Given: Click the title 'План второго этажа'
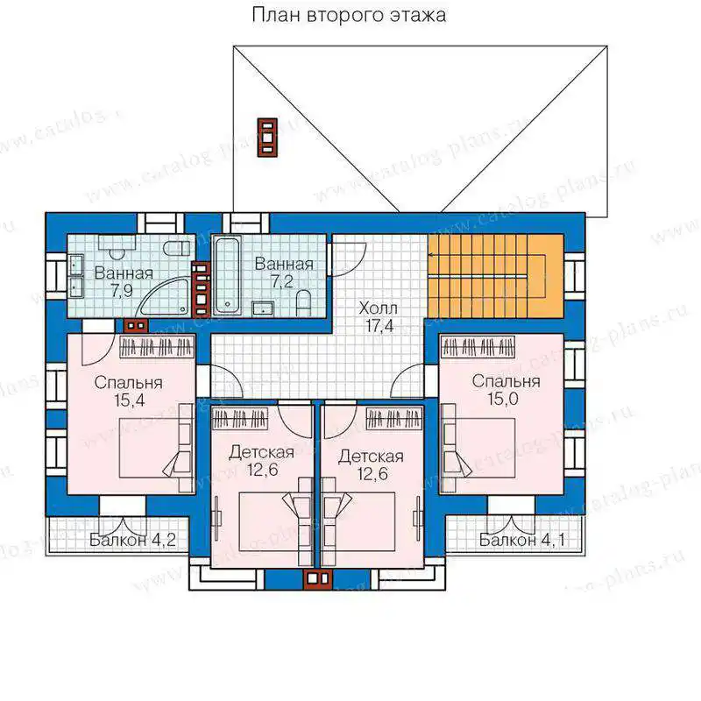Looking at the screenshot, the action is [x=349, y=16].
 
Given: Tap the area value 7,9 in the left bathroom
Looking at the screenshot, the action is [x=122, y=291].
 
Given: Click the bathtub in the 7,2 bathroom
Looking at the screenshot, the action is [x=227, y=275].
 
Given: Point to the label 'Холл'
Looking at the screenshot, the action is [x=378, y=308].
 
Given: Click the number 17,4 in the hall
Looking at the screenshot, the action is [x=379, y=326].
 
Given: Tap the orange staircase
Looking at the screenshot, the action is [x=495, y=276].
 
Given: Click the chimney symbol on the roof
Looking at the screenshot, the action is [x=267, y=138].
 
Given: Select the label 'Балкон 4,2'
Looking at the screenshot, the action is [x=132, y=540].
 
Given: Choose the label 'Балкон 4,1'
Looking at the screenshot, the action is [x=521, y=540].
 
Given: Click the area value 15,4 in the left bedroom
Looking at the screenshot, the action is [x=129, y=400].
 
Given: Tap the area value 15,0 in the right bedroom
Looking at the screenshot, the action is [x=503, y=399].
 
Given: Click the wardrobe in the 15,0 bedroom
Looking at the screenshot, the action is [x=478, y=347].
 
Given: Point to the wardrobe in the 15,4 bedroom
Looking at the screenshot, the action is [x=157, y=347].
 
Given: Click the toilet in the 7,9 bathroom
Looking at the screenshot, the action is [x=177, y=248].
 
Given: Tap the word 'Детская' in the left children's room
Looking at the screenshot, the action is [x=261, y=452].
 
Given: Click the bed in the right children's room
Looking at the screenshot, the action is [x=358, y=521].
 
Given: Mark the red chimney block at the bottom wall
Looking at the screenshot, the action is [x=318, y=578].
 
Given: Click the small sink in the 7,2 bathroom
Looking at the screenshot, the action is [x=264, y=308].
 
